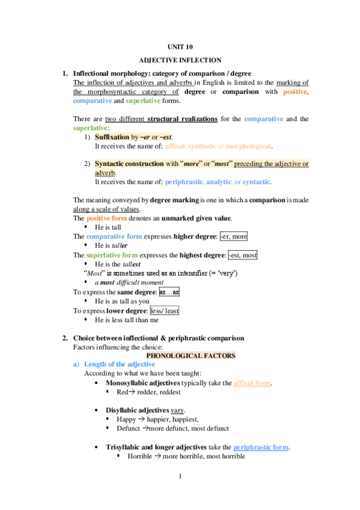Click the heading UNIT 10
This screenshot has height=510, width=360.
click(180, 46)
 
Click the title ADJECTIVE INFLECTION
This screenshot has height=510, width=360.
click(180, 61)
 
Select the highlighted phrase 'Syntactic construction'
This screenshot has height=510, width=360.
click(121, 164)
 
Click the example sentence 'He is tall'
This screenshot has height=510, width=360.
click(109, 227)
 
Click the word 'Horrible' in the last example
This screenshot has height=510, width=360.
click(141, 456)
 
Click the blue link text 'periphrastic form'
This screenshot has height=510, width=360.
click(261, 447)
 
